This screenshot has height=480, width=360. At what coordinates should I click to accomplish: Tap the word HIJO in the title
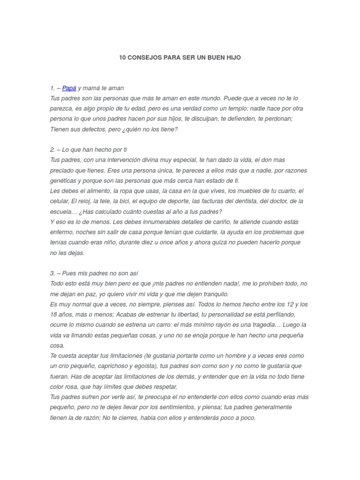(232, 58)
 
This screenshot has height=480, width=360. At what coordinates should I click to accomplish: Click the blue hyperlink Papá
(69, 88)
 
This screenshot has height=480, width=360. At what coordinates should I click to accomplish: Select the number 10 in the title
(122, 58)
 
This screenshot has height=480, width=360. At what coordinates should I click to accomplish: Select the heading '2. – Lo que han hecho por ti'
(88, 150)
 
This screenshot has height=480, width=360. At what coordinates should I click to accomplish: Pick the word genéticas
(64, 180)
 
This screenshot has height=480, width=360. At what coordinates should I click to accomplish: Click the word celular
(59, 201)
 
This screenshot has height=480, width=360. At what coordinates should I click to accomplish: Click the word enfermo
(61, 232)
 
